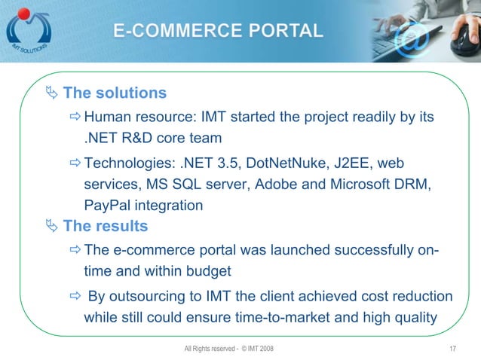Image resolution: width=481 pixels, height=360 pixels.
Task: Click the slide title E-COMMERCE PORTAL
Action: point(219,32)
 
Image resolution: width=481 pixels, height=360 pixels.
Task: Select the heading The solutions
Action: point(115,93)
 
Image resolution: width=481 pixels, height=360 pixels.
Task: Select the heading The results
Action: point(106,226)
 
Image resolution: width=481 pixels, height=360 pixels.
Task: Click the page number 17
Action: point(452,348)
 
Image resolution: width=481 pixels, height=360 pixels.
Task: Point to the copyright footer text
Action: point(229,348)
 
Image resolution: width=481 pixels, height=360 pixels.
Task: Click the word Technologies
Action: point(128,163)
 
